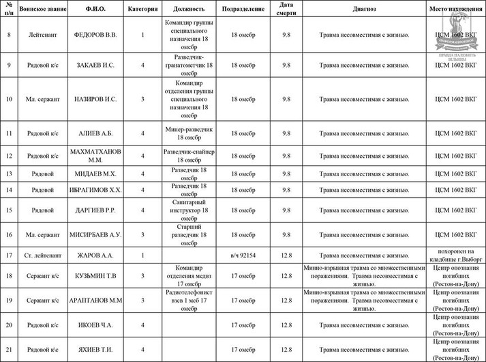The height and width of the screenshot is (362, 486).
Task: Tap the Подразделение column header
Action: click(243, 10)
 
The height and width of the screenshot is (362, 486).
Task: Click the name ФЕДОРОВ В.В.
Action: click(95, 34)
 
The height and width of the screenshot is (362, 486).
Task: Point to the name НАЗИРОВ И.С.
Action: click(95, 99)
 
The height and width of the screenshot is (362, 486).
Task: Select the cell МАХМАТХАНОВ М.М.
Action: click(95, 156)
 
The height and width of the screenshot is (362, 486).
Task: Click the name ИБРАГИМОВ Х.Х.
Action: click(95, 190)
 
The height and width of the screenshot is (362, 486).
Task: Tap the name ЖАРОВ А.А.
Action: click(95, 255)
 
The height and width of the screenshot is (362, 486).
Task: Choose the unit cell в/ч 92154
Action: click(243, 255)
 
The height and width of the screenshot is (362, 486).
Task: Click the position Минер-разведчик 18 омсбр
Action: click(189, 133)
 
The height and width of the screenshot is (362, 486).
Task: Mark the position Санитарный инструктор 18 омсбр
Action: click(189, 210)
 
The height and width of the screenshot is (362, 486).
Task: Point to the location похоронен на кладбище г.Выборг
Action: click(455, 255)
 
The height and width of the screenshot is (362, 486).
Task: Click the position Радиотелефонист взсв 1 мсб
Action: click(189, 300)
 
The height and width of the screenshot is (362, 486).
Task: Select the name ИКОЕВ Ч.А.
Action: click(95, 325)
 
